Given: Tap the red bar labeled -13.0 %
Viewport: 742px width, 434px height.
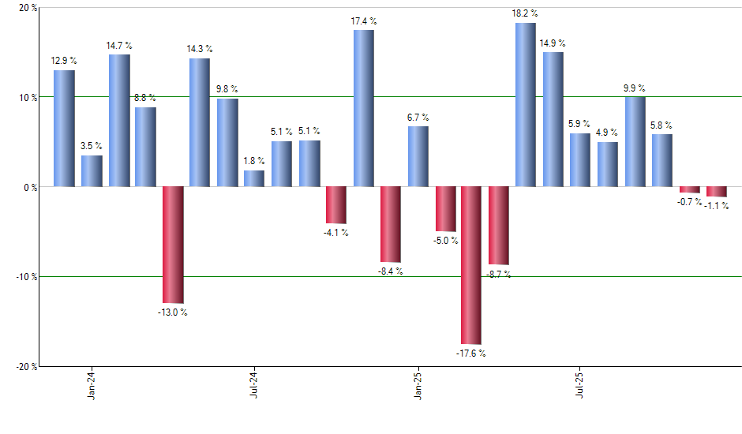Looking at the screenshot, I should point(173,245).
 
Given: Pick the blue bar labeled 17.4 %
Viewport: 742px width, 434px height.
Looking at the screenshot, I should point(363,108).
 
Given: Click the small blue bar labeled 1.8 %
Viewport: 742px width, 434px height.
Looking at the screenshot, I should point(254,178).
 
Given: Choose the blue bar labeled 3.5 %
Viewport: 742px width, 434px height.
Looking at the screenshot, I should point(92,171).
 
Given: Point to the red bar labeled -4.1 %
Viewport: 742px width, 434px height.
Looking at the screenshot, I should point(336,205).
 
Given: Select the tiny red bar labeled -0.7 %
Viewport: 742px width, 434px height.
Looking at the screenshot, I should point(690,189).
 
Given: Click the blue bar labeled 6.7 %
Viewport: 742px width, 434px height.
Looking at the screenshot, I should point(418,156).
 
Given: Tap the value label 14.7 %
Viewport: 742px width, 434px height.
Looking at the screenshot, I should point(118,45).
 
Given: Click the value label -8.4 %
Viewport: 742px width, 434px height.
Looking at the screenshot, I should point(390,271).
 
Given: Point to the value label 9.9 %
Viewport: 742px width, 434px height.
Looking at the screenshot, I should point(635,88).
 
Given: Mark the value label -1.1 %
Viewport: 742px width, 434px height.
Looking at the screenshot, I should point(717,206).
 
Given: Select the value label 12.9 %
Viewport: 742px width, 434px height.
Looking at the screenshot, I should point(64,61).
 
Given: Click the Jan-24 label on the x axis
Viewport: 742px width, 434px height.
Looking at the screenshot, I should point(92,385).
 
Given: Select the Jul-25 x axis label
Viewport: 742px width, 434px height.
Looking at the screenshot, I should point(580,385).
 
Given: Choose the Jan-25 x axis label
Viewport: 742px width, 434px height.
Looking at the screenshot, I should point(418,385).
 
